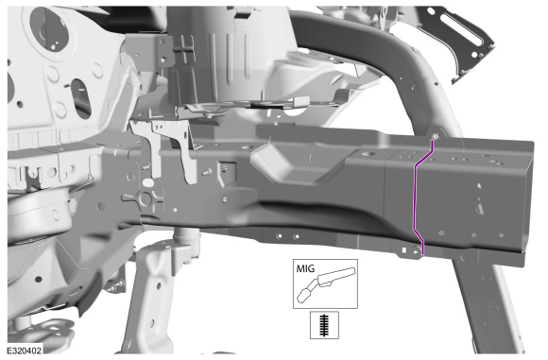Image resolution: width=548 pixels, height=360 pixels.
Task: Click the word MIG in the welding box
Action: pyautogui.click(x=305, y=268)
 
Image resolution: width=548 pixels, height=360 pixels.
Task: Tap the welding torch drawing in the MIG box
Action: pyautogui.click(x=326, y=284)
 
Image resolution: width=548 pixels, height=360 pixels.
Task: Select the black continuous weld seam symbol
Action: pyautogui.click(x=324, y=325)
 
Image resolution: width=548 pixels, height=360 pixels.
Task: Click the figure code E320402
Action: pyautogui.click(x=25, y=351)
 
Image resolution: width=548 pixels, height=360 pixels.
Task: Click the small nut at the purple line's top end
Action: pyautogui.click(x=436, y=136)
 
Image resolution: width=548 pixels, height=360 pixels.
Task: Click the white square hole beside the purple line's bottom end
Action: pyautogui.click(x=404, y=249)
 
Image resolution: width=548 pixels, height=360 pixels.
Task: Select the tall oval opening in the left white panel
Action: pyautogui.click(x=80, y=98)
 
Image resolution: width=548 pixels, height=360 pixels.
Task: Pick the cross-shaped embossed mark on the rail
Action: pyautogui.click(x=146, y=198)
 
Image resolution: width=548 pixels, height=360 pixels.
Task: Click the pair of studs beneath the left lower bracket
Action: pyautogui.click(x=115, y=286)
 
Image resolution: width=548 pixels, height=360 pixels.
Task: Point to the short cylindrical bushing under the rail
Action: pyautogui.click(x=187, y=238)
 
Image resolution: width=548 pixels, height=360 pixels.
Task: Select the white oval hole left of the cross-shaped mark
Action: pyautogui.click(x=148, y=182)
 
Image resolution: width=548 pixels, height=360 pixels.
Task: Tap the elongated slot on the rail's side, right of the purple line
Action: pyautogui.click(x=480, y=209)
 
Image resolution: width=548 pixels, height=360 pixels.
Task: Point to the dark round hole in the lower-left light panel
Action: pyautogui.click(x=39, y=279)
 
